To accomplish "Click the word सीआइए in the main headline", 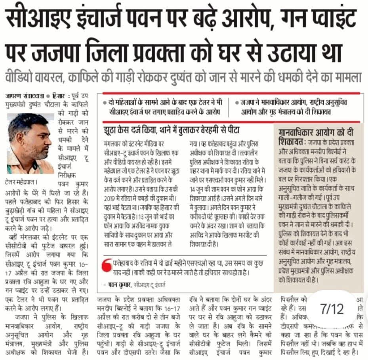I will (x=34, y=18).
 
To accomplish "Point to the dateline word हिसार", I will (x=58, y=96).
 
